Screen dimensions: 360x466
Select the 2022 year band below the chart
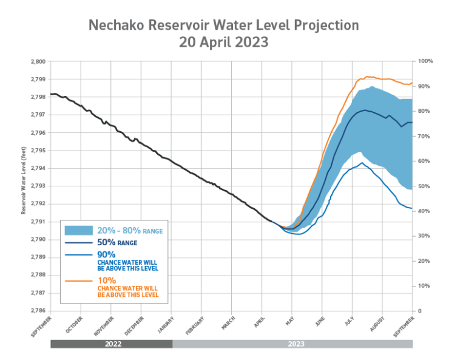click(x=111, y=344)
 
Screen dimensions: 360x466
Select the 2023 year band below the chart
click(x=292, y=344)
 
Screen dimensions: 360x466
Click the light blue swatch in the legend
click(x=79, y=231)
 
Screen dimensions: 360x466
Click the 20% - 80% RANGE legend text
click(x=130, y=231)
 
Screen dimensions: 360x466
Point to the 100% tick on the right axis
click(x=424, y=61)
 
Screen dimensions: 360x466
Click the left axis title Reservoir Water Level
click(x=23, y=180)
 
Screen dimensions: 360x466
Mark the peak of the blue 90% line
click(x=362, y=163)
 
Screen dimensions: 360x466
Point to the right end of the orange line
click(x=413, y=83)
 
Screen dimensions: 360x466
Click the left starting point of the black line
click(x=51, y=94)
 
